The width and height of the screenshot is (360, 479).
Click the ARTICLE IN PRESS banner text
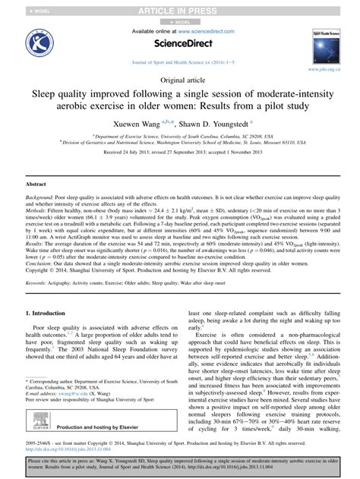coord(179,7)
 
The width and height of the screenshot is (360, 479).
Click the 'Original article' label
coord(179,81)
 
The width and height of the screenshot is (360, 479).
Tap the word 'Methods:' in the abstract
coord(37,210)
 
